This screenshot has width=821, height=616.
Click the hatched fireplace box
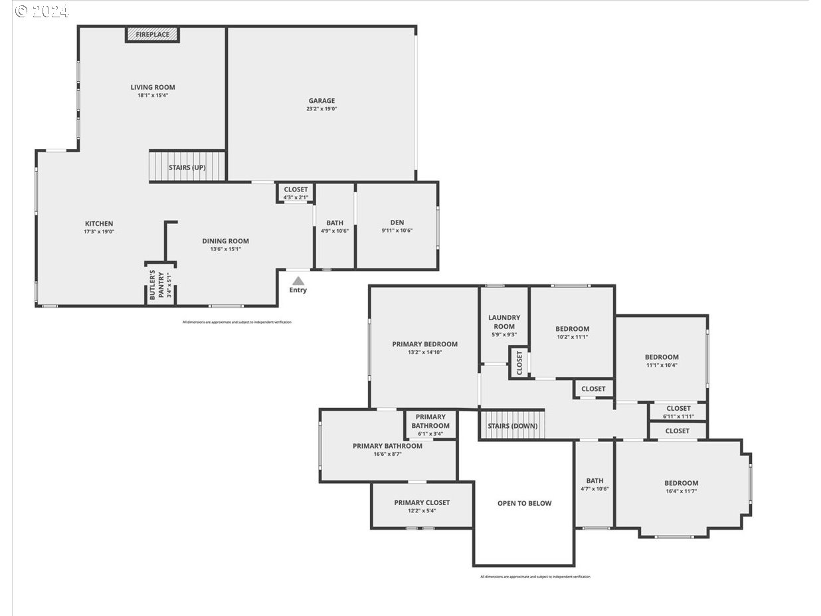[x=152, y=34]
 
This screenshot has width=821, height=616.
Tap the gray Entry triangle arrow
[x=298, y=281]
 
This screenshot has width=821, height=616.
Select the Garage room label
[x=321, y=101]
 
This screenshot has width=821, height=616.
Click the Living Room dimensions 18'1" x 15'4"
[x=152, y=96]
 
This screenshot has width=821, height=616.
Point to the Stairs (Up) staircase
[x=187, y=167]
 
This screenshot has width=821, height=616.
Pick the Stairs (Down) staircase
[x=511, y=425]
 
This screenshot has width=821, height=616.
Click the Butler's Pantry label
[x=160, y=284]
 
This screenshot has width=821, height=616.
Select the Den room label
[x=397, y=223]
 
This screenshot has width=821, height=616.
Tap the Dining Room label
[x=225, y=241]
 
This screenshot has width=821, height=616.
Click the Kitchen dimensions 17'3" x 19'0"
[x=98, y=232]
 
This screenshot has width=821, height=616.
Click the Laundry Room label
[x=504, y=322]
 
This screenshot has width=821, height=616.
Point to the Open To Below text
[x=524, y=503]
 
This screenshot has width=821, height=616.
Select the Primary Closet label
[x=422, y=502]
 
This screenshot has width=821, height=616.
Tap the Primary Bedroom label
[x=424, y=344]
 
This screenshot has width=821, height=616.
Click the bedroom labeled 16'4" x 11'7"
[x=681, y=486]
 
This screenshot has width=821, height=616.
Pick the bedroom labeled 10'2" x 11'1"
[x=572, y=332]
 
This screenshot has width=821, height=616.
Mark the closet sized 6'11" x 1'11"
[x=678, y=412]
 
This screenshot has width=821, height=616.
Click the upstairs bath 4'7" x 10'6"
[x=594, y=484]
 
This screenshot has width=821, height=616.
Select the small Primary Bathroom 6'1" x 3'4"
[x=430, y=425]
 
